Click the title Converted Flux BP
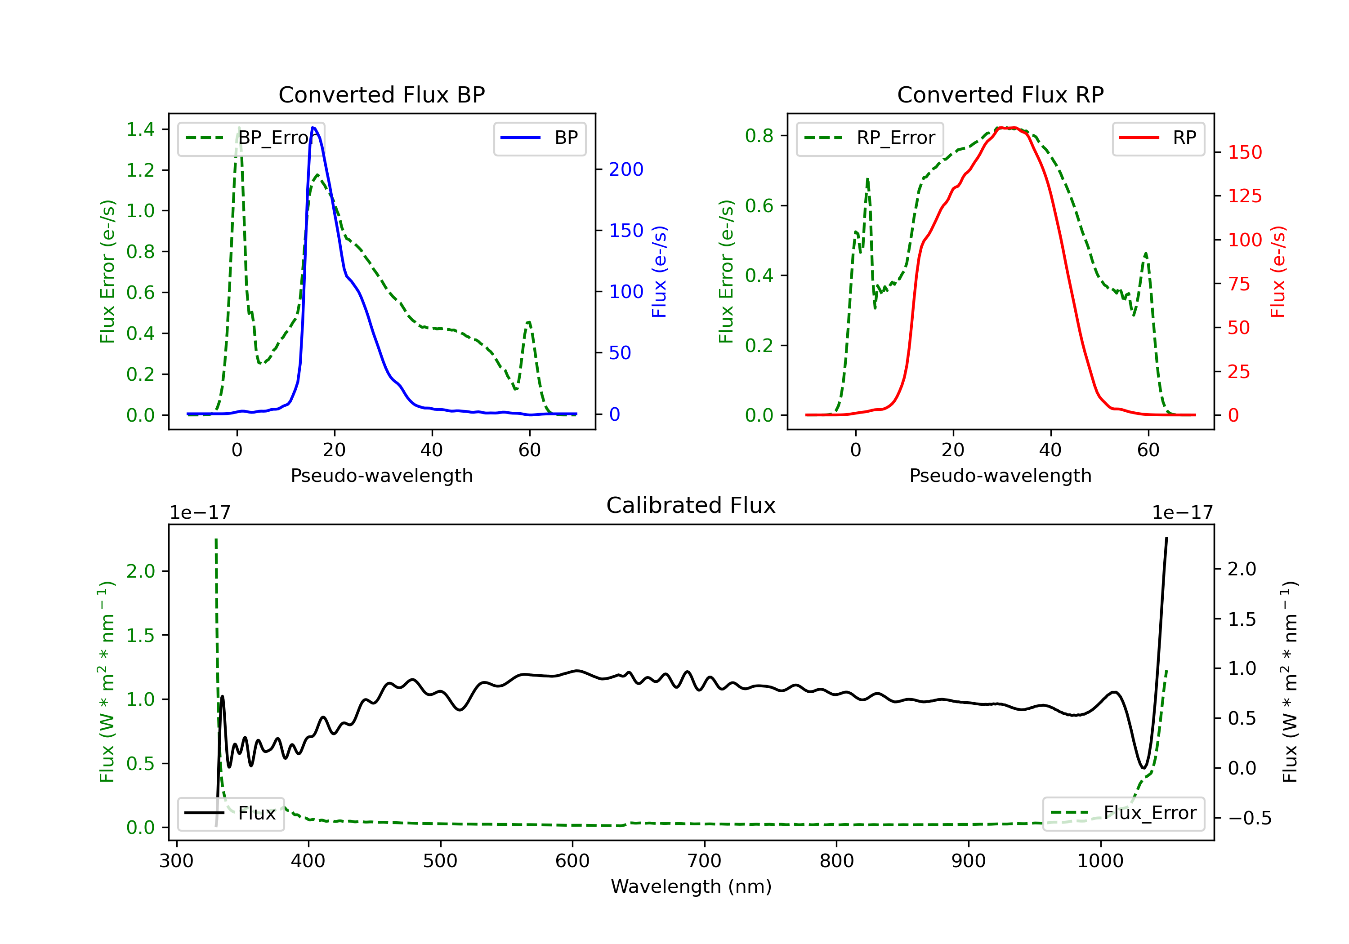[x=381, y=94]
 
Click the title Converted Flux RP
[x=1000, y=94]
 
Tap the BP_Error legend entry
[x=251, y=138]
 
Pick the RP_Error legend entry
[x=870, y=138]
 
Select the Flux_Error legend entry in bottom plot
[x=1123, y=813]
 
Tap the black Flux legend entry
[x=231, y=814]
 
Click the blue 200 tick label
[x=626, y=170]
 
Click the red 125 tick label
[x=1244, y=196]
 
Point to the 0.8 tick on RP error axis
[x=759, y=136]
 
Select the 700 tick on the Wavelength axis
[x=705, y=861]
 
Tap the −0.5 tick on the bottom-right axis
[x=1249, y=818]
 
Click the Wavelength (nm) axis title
[x=691, y=886]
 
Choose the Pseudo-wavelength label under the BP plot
[x=382, y=476]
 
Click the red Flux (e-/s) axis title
[x=1278, y=272]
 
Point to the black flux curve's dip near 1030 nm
[x=1144, y=768]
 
